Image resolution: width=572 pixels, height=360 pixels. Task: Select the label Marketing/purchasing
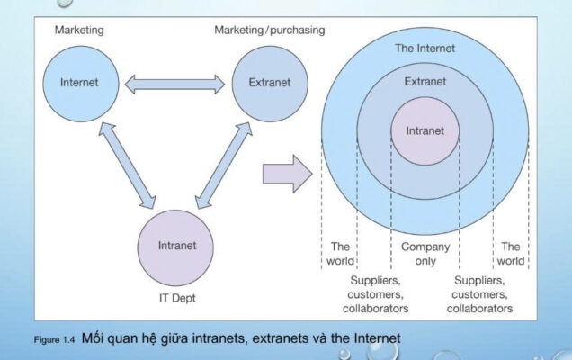point(269,31)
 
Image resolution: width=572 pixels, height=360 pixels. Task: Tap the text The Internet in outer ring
point(425,48)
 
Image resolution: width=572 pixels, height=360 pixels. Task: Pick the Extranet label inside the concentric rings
point(425,81)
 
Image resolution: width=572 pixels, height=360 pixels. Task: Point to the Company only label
point(425,253)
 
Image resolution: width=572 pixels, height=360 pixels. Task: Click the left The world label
point(340,253)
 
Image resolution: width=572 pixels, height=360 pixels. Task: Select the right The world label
point(511,253)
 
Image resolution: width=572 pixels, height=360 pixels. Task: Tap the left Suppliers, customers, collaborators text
point(375,293)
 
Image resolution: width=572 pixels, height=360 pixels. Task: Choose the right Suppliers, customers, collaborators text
point(481,293)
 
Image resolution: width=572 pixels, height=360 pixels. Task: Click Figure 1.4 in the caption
point(56,340)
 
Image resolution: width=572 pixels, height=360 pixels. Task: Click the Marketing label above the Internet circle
point(79,31)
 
